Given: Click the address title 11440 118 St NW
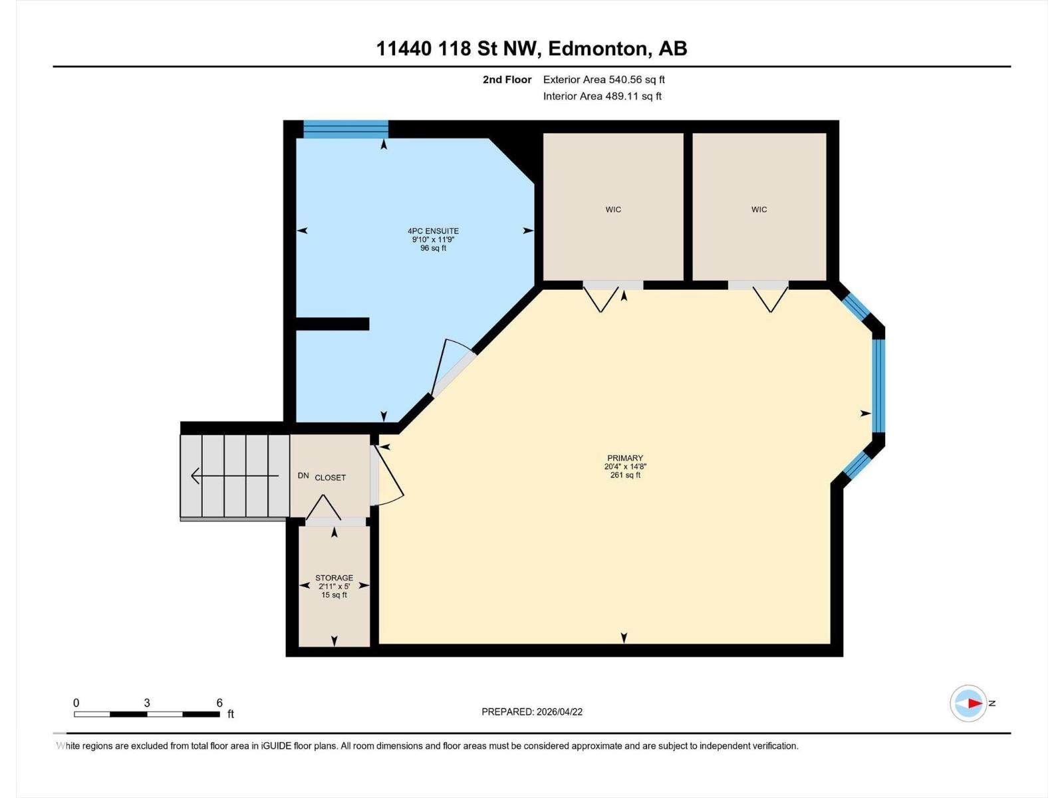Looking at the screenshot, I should tap(531, 49).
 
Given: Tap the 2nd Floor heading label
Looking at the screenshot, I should tap(507, 80).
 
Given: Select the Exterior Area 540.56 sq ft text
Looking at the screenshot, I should tap(604, 80).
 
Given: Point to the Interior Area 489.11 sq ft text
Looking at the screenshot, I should tap(602, 96).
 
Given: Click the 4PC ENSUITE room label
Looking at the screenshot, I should tap(433, 231).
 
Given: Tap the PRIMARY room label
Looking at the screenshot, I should tap(624, 458).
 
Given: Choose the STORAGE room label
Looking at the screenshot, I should tap(334, 578).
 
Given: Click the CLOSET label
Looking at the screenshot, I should tap(331, 477).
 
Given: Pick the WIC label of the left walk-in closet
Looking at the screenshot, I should tap(613, 209).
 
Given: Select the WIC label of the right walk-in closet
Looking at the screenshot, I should tap(759, 209).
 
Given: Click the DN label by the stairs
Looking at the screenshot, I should tap(303, 475).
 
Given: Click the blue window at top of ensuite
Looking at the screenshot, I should tap(346, 128).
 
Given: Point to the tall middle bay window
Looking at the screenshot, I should tap(878, 386).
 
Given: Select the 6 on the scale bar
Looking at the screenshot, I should tap(219, 703).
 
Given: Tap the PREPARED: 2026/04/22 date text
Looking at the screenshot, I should tap(532, 712).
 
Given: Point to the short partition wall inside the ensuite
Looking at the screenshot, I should tap(332, 324).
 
